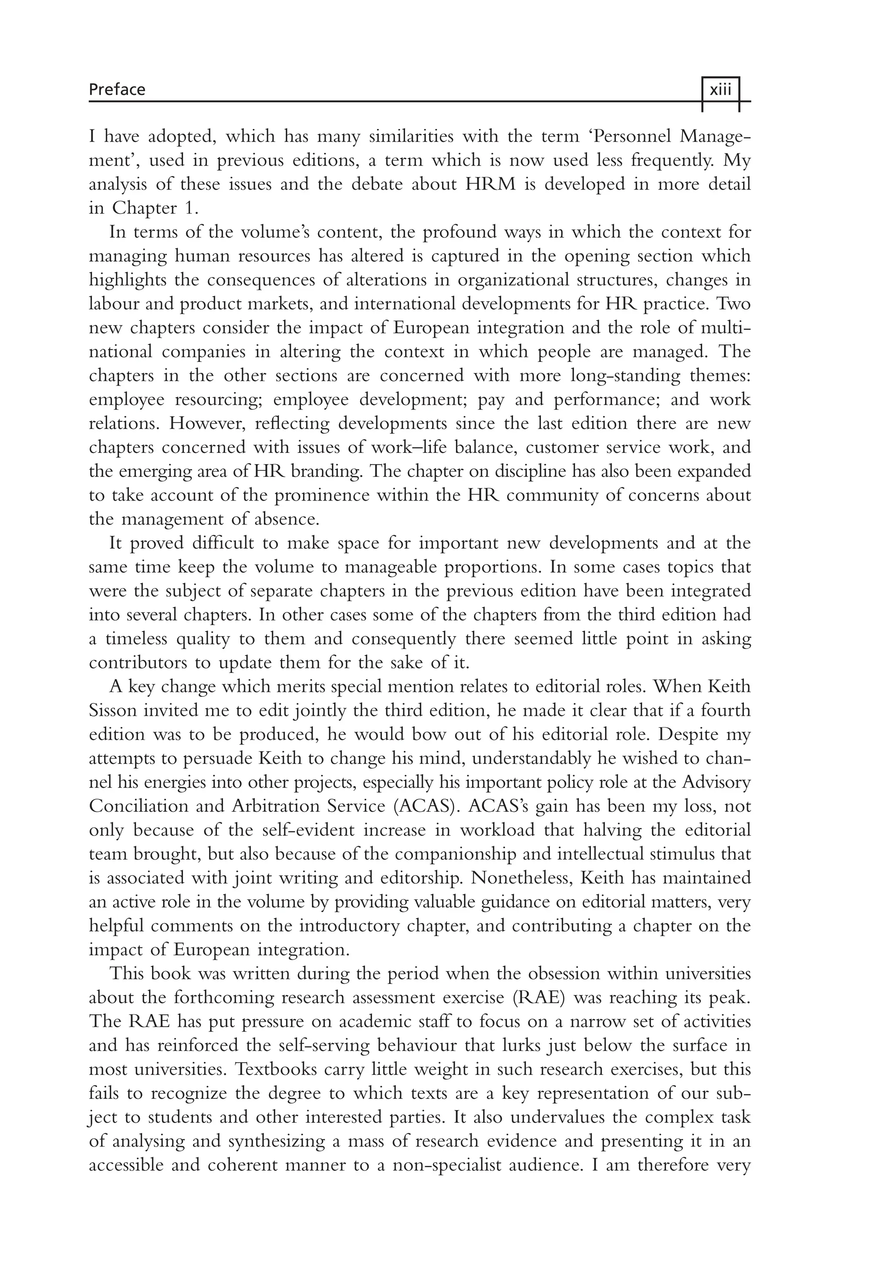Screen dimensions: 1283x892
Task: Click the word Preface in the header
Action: tap(117, 89)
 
